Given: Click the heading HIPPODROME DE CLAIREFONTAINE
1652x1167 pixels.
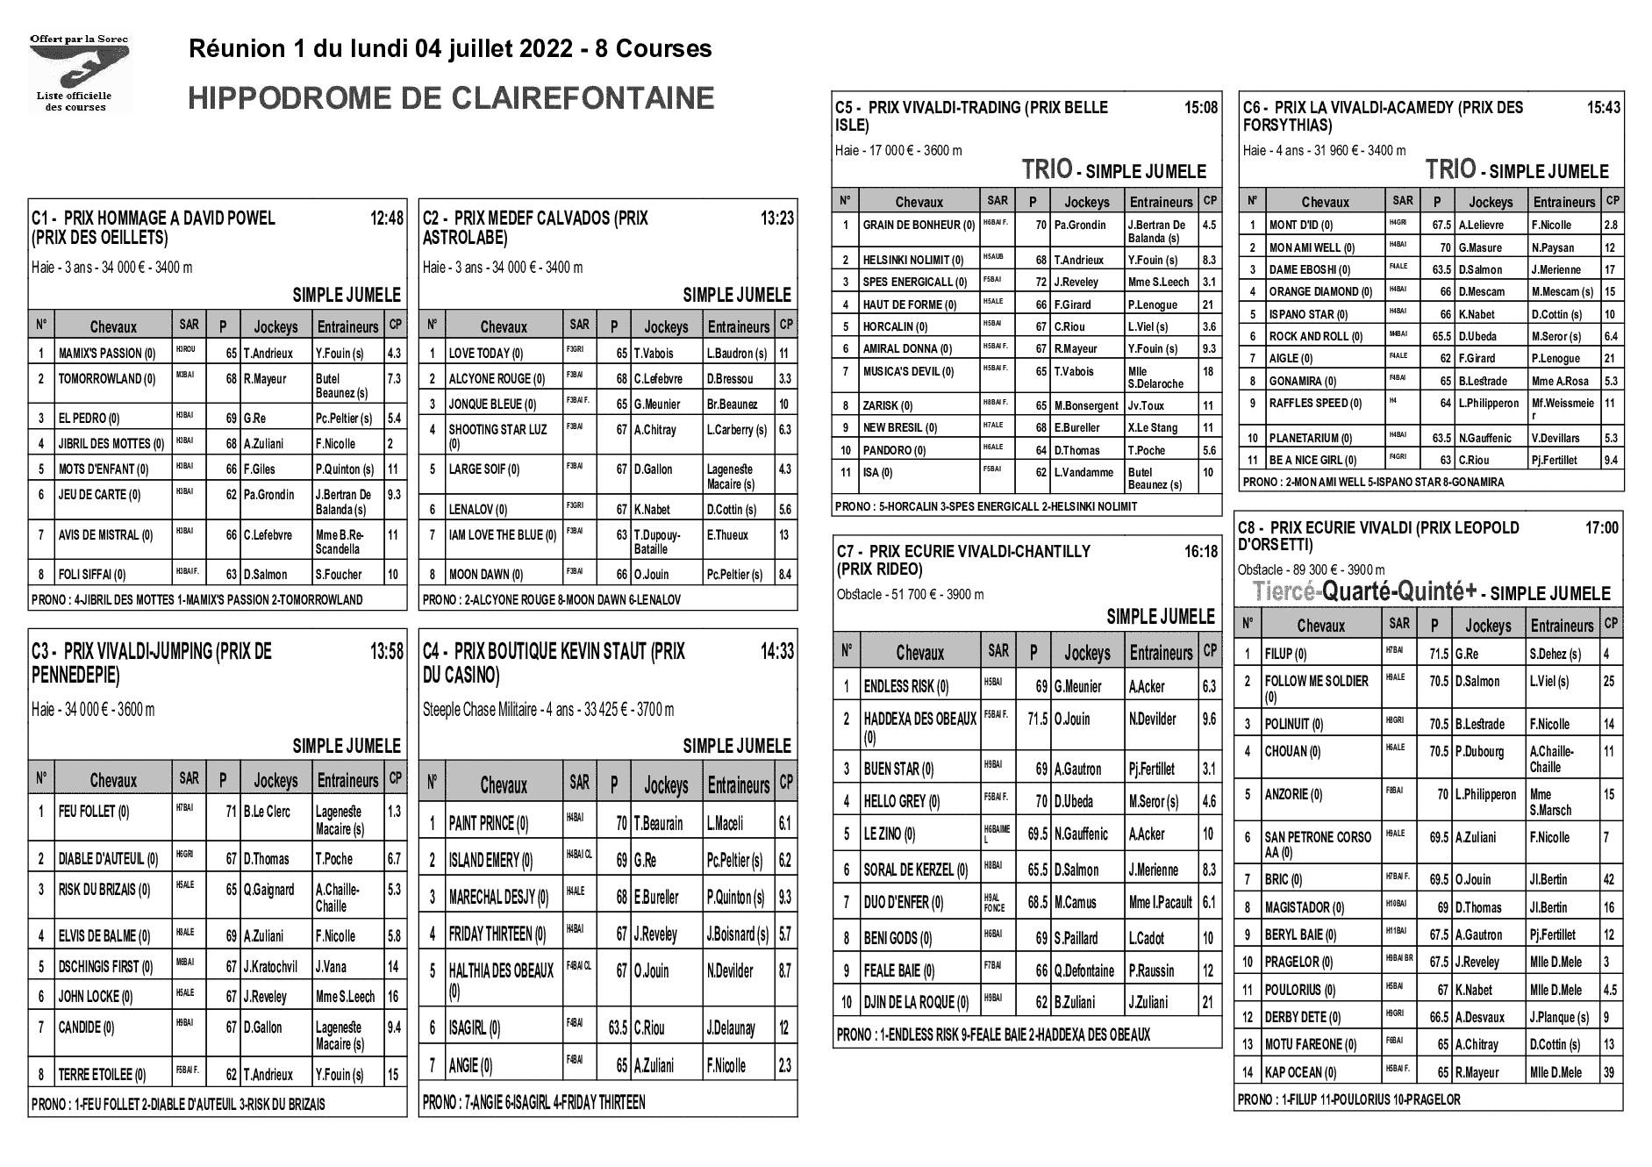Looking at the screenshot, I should pyautogui.click(x=451, y=98).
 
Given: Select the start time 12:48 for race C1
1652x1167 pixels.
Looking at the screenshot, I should pyautogui.click(x=387, y=218).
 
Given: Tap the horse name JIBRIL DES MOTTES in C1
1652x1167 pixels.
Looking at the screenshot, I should pyautogui.click(x=111, y=444).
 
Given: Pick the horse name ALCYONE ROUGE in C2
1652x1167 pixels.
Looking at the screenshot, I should pyautogui.click(x=497, y=379).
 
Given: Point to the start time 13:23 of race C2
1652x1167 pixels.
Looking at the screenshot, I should pyautogui.click(x=777, y=218).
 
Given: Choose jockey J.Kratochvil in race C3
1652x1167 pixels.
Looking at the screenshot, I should pyautogui.click(x=270, y=967).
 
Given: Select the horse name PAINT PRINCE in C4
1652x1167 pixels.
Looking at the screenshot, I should pyautogui.click(x=489, y=824).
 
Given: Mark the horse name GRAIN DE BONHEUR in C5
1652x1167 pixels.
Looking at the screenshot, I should pyautogui.click(x=919, y=225).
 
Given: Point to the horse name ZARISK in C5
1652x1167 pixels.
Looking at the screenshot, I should pyautogui.click(x=888, y=405).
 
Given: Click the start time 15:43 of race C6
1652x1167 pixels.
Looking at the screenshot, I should pyautogui.click(x=1604, y=108).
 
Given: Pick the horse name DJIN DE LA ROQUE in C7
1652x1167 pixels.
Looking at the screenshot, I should pyautogui.click(x=916, y=1002).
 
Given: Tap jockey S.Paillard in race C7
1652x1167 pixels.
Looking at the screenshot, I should pyautogui.click(x=1076, y=938).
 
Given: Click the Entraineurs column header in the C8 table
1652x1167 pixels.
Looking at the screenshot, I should pyautogui.click(x=1563, y=626).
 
